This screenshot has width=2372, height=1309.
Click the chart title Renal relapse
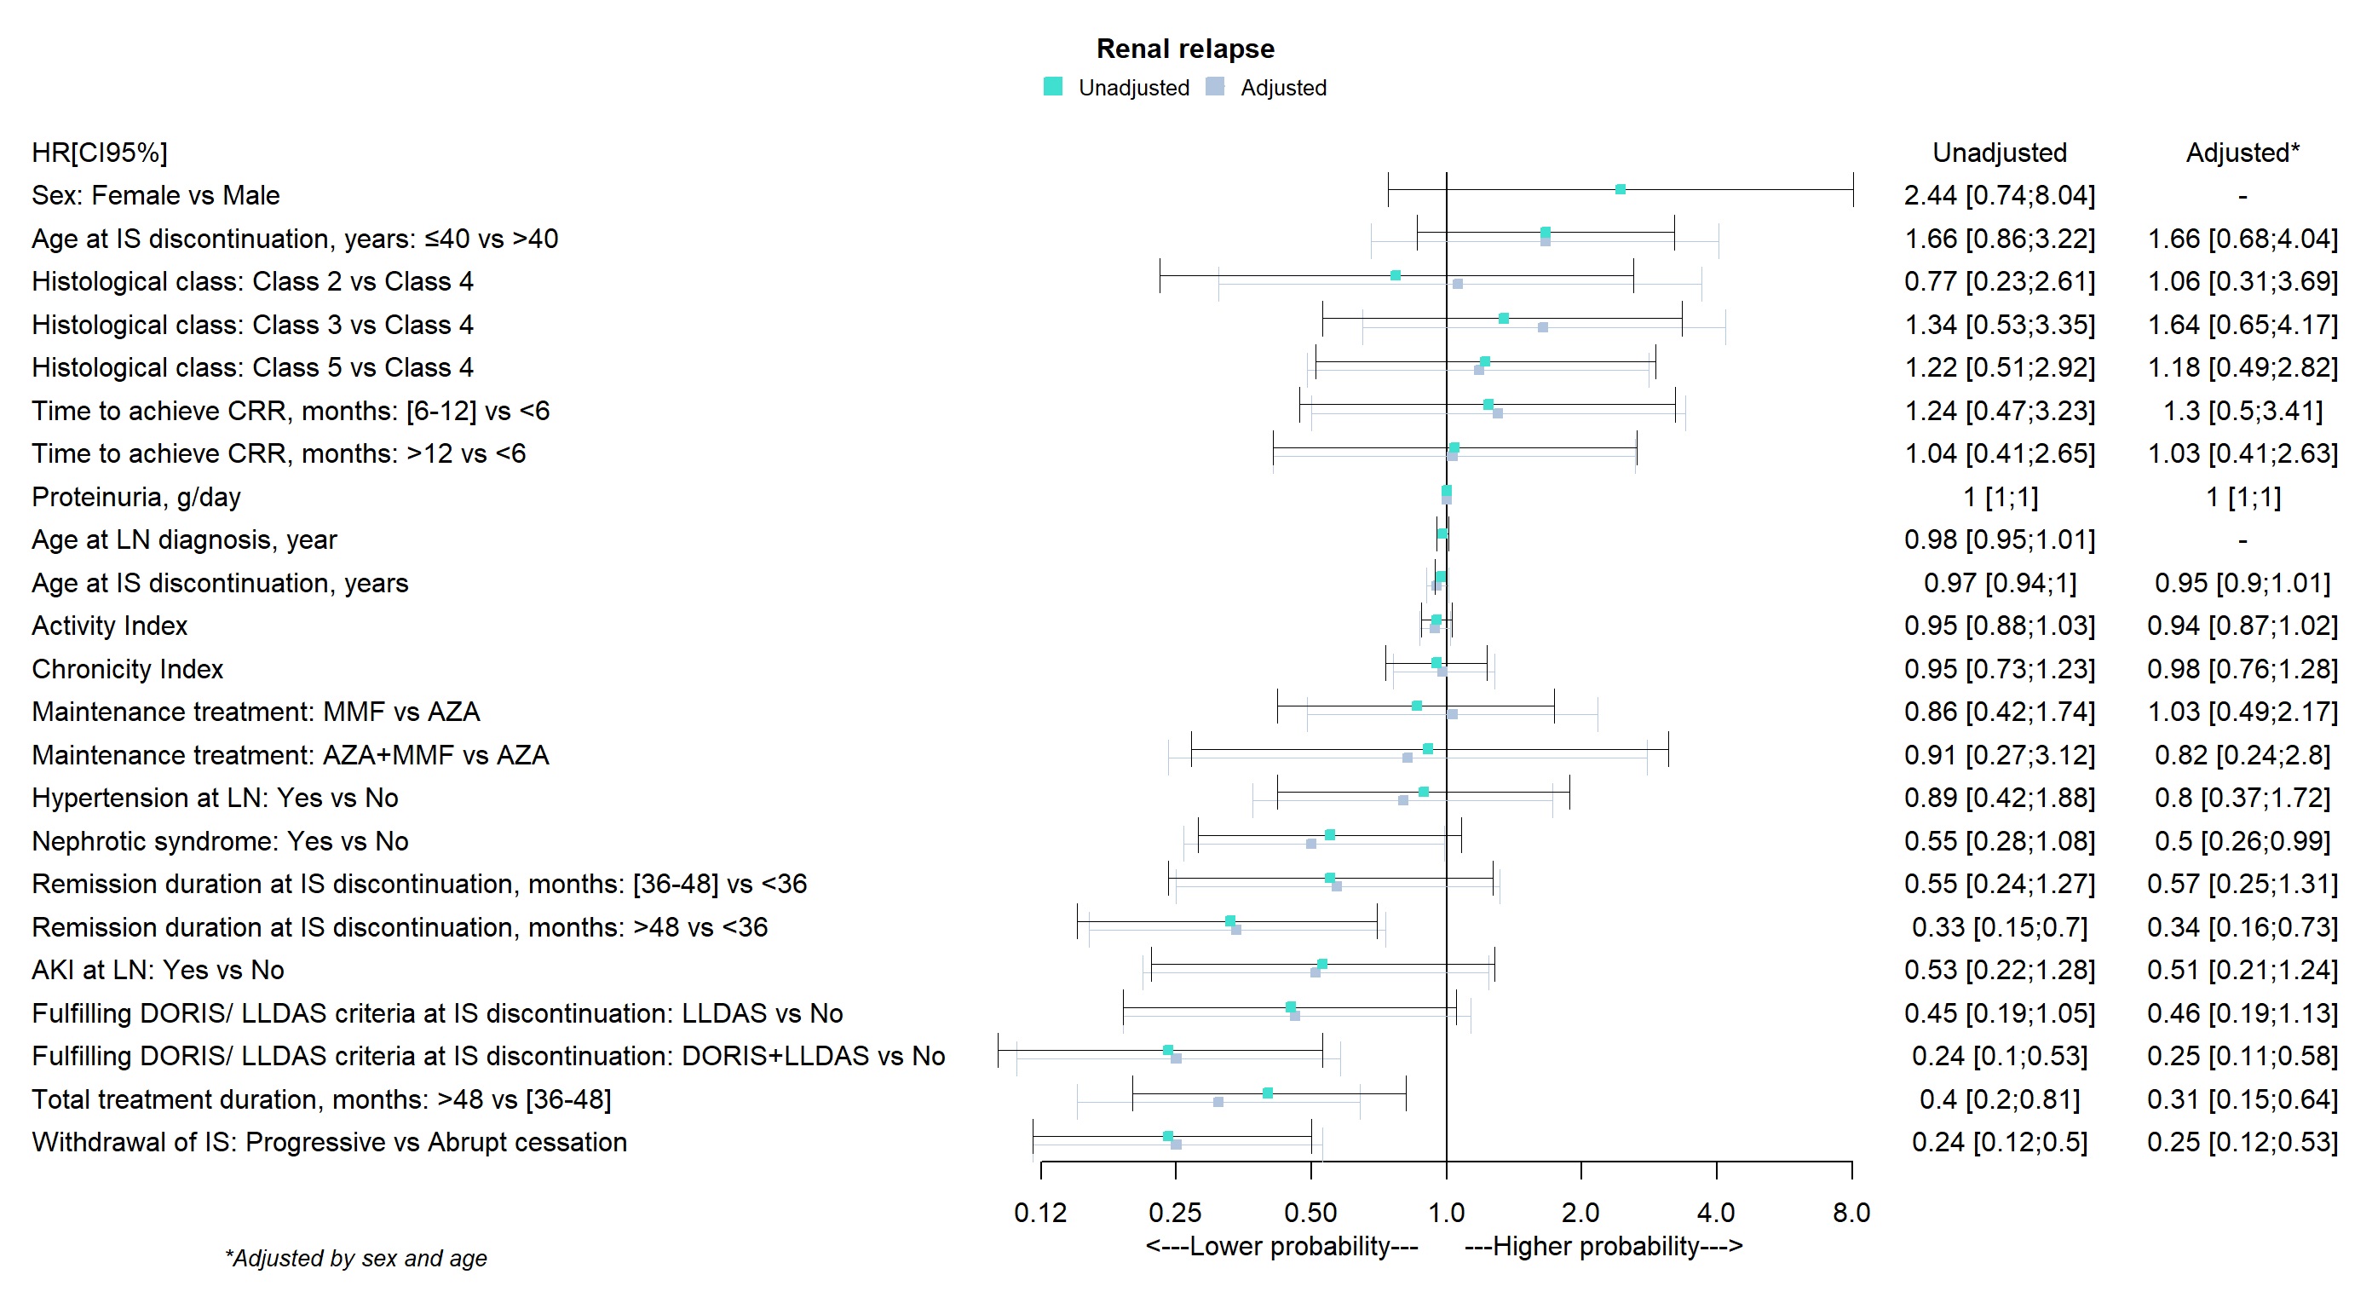point(1185,48)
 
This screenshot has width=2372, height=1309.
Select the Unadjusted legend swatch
point(1052,87)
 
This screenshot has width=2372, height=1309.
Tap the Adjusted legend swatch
point(1215,87)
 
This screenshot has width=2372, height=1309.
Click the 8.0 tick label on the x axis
point(1851,1213)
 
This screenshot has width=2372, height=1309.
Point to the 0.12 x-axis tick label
point(1039,1213)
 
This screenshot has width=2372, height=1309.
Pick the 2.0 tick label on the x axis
point(1580,1213)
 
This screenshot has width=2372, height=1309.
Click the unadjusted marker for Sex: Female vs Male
point(1621,190)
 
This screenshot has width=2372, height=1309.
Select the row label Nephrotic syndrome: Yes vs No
point(220,841)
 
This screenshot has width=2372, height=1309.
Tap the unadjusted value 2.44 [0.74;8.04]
point(1999,195)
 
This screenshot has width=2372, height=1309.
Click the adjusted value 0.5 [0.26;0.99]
point(2242,841)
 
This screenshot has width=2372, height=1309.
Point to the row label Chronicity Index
point(127,669)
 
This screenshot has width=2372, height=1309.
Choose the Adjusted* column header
point(2242,152)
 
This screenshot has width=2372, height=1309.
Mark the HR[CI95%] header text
point(100,152)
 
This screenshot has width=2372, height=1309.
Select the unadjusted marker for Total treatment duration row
point(1268,1093)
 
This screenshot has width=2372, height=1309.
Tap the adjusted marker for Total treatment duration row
point(1218,1102)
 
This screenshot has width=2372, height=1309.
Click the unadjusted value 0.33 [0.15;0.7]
point(1999,926)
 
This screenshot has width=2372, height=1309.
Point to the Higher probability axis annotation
point(1603,1246)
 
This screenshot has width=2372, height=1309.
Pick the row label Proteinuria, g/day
point(136,497)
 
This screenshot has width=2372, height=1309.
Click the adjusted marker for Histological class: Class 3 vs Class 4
point(1543,327)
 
